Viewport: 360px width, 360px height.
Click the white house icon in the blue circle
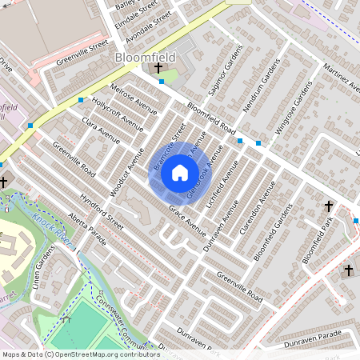coord(180,172)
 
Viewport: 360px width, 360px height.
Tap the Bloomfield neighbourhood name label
coord(145,58)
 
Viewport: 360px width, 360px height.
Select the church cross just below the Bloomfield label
coord(157,70)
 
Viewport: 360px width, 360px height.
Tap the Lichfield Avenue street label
coord(223,190)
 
